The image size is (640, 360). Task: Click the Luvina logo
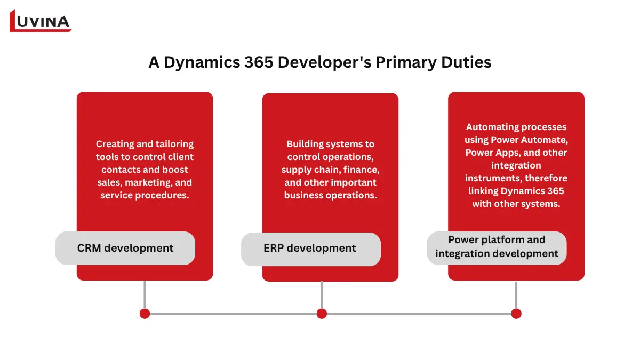(41, 21)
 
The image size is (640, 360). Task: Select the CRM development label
(125, 248)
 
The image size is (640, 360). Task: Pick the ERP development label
(310, 248)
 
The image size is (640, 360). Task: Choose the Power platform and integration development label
(497, 247)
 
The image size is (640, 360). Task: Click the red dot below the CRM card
(145, 314)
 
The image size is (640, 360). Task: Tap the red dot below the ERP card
(322, 314)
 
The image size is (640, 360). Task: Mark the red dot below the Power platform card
(516, 314)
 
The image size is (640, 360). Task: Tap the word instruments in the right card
(491, 178)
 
